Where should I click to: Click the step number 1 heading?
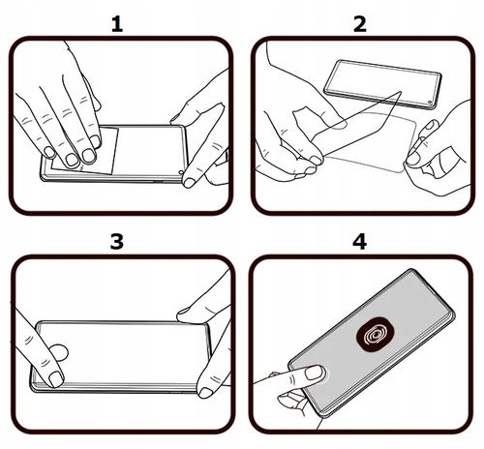pos(117,22)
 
